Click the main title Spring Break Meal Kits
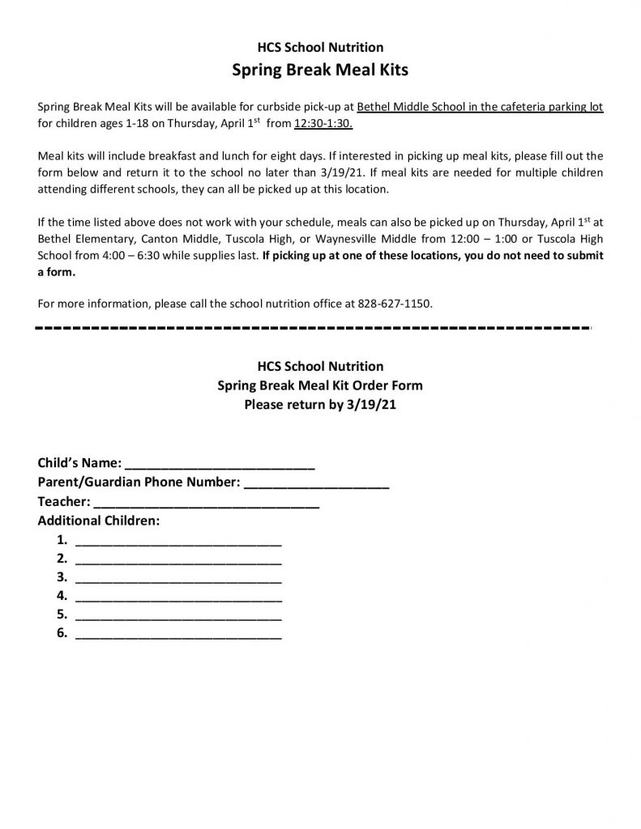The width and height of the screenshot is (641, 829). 320,70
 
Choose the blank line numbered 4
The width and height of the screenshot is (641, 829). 178,598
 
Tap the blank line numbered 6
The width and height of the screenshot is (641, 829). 178,636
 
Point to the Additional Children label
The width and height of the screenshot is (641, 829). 99,521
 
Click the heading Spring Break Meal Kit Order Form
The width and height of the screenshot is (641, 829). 320,385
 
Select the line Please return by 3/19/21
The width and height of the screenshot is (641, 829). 320,403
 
